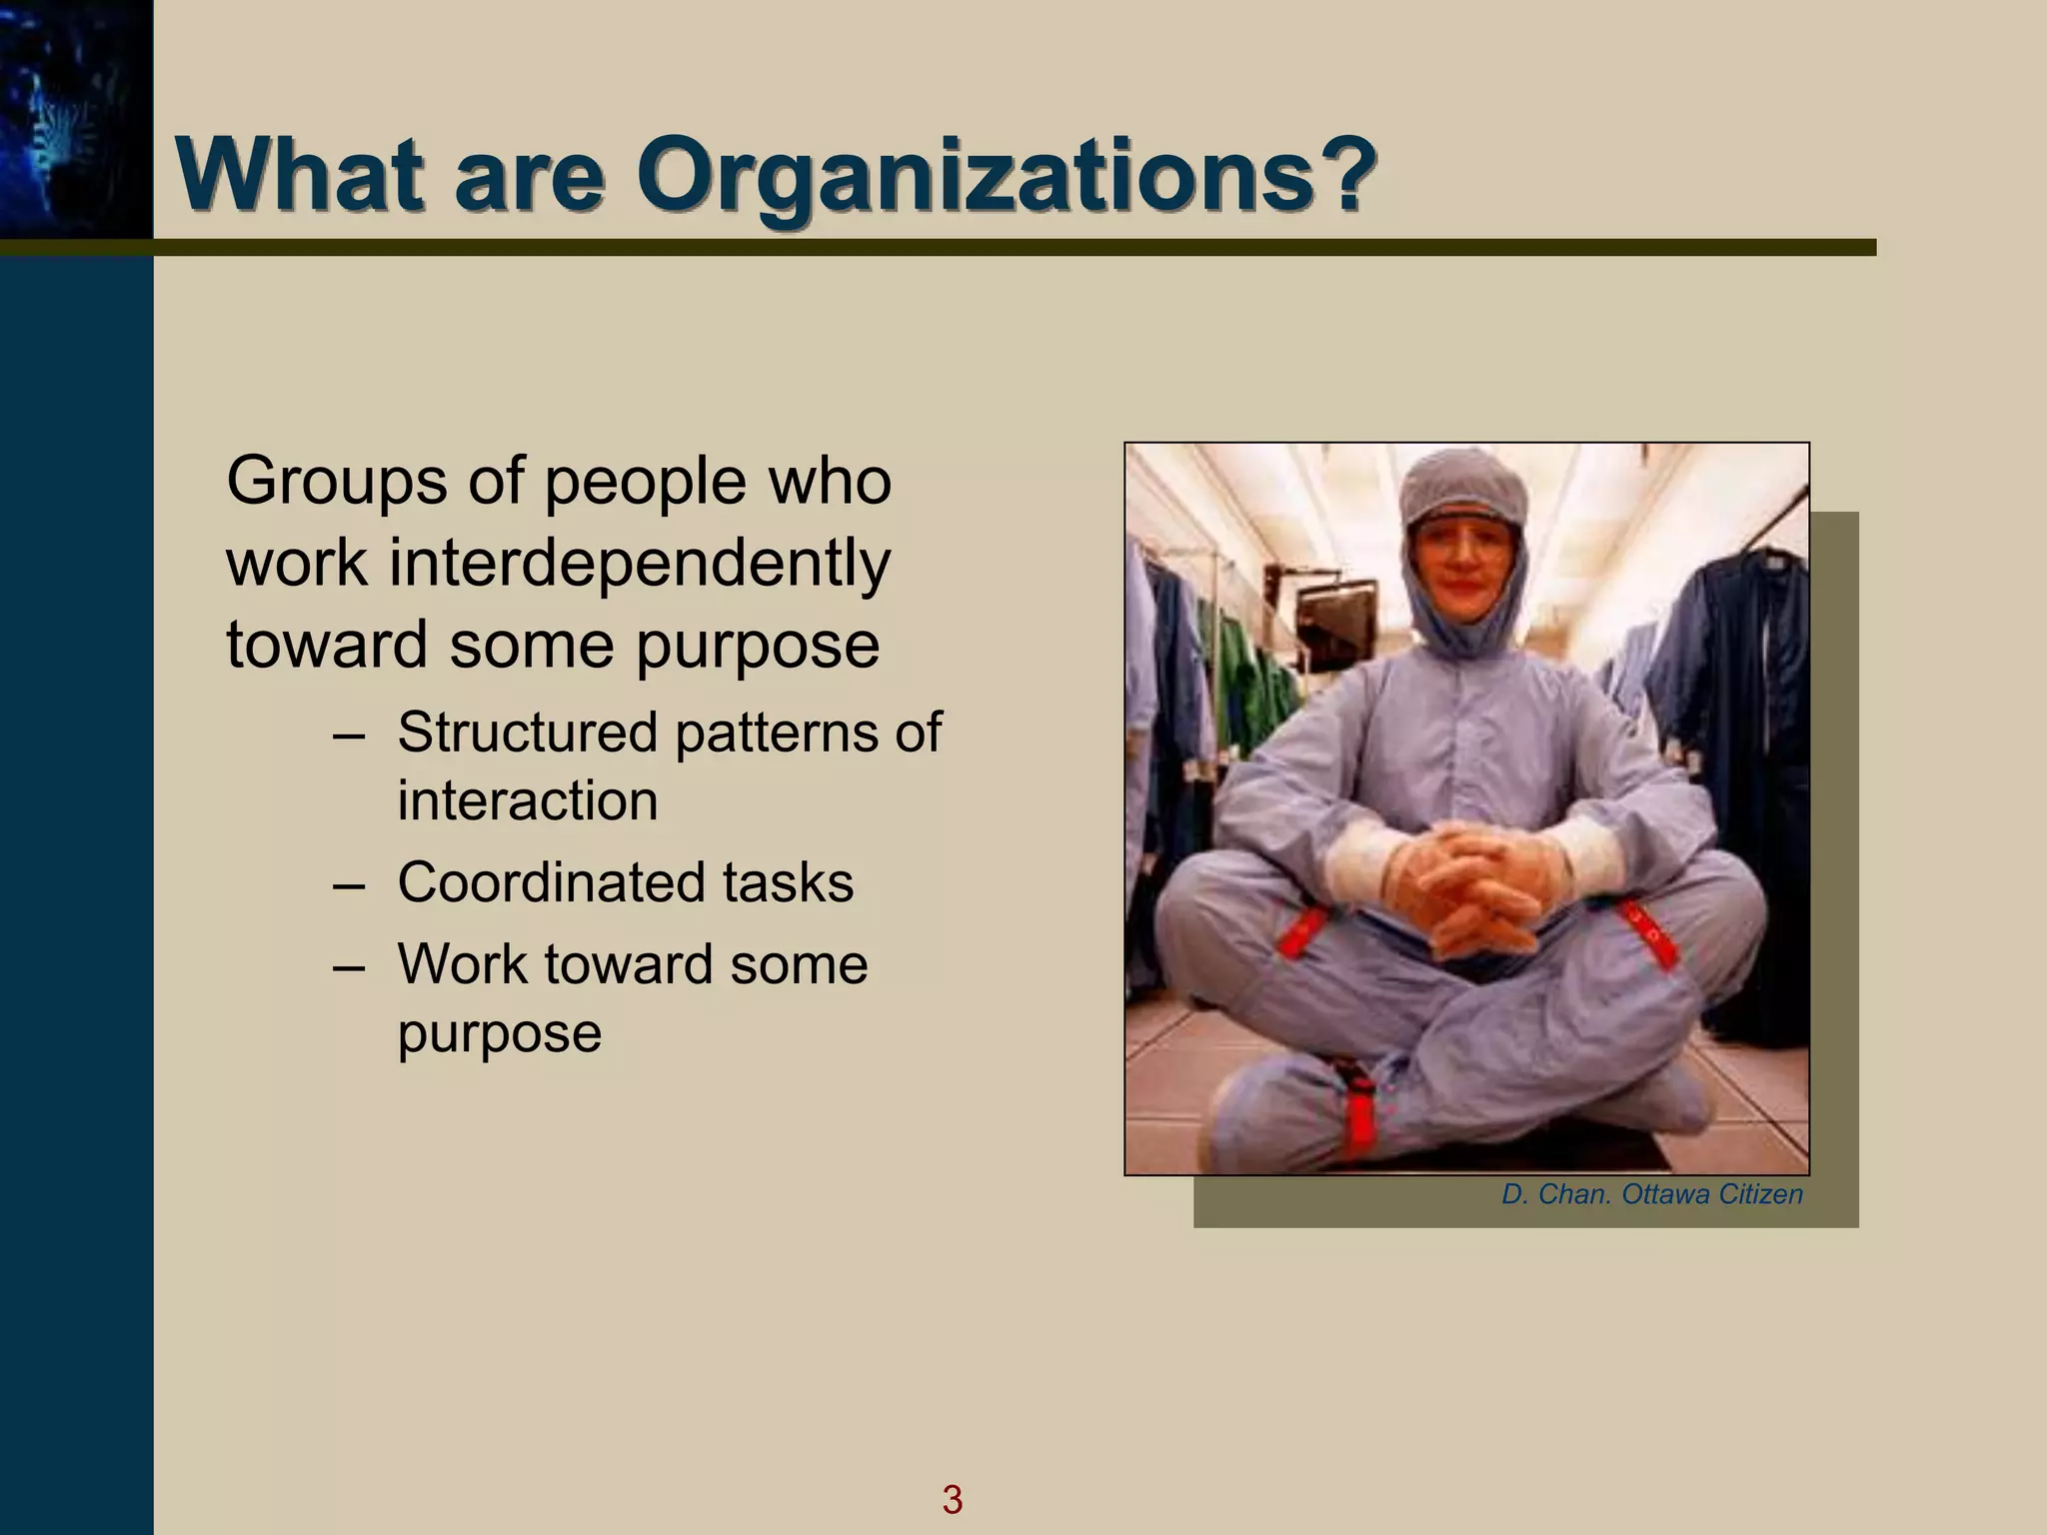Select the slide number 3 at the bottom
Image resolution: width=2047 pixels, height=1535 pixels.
click(952, 1499)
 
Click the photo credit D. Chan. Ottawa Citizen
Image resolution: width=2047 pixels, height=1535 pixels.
click(1651, 1194)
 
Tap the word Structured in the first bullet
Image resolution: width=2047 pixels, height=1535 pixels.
click(530, 733)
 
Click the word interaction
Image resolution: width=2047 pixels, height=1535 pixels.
click(528, 801)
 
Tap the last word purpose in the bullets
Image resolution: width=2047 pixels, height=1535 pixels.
click(500, 1034)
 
